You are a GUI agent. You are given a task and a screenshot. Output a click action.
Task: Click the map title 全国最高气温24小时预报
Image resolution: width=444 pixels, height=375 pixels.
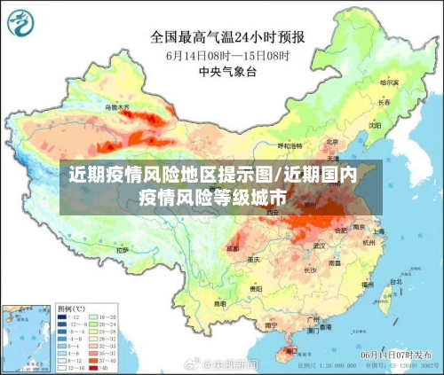click(x=228, y=37)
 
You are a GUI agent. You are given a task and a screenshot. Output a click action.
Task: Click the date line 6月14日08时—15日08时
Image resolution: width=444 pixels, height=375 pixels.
click(x=228, y=55)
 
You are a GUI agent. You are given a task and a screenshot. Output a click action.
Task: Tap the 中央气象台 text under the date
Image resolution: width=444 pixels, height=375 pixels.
click(x=228, y=71)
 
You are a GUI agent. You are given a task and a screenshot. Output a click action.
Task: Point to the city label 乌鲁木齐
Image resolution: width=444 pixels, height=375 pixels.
click(x=117, y=107)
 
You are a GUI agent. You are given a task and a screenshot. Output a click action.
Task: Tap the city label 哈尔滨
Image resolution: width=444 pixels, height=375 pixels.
click(x=390, y=82)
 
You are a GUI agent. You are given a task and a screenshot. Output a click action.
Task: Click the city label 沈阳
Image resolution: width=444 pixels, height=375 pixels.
click(x=374, y=126)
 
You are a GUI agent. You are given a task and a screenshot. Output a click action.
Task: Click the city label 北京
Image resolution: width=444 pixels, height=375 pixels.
click(x=332, y=142)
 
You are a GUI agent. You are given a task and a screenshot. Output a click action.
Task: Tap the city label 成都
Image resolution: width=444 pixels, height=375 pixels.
click(x=234, y=249)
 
